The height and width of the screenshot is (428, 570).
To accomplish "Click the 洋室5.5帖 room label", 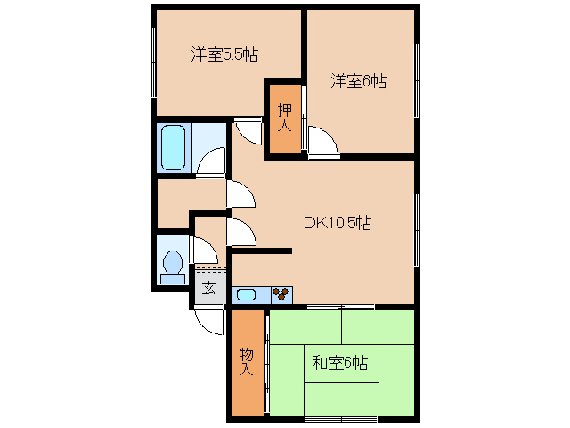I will click(224, 55).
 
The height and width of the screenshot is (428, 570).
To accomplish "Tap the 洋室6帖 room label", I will click(358, 81).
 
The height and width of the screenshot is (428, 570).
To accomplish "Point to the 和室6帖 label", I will click(339, 363).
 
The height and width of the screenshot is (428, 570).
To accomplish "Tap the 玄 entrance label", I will click(208, 288).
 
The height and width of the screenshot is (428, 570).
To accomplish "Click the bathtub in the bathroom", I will click(173, 147).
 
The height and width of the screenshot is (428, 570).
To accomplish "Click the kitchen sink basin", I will click(247, 293).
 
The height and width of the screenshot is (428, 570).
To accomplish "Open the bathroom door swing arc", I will click(212, 160).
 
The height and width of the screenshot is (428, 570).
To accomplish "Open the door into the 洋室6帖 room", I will click(322, 140).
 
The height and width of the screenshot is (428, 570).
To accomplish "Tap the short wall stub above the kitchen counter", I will click(261, 251).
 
